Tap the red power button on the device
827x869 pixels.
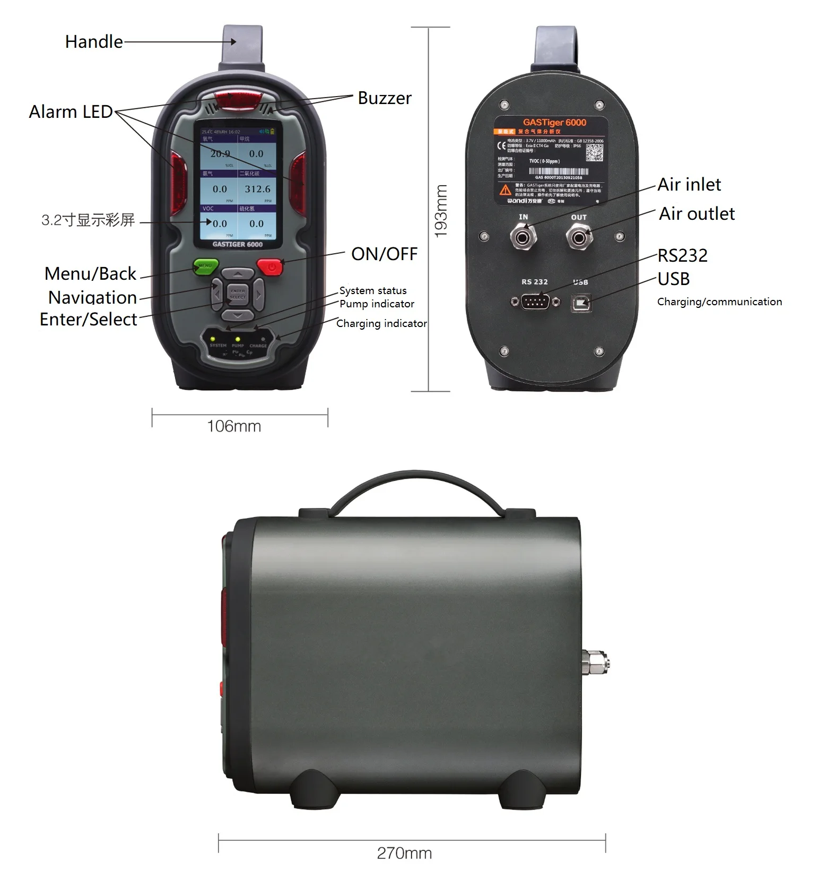tap(271, 266)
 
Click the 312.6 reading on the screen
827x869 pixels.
tap(257, 189)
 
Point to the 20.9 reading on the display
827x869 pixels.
tap(220, 153)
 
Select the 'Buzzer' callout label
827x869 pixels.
tap(385, 98)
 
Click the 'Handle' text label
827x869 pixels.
tap(94, 41)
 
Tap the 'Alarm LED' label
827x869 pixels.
tap(71, 111)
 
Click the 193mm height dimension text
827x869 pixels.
tap(441, 211)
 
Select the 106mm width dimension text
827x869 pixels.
tap(234, 426)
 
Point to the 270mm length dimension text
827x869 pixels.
tap(404, 853)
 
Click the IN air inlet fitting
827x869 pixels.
tap(523, 237)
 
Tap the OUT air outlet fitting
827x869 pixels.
tap(579, 237)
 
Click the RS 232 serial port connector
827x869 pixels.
tap(535, 302)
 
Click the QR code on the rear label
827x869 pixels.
tap(595, 153)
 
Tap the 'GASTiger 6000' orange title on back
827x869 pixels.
tap(554, 123)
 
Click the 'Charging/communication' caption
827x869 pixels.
tap(719, 302)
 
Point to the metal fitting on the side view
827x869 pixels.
tap(596, 661)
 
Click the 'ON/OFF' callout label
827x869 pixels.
tap(385, 254)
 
